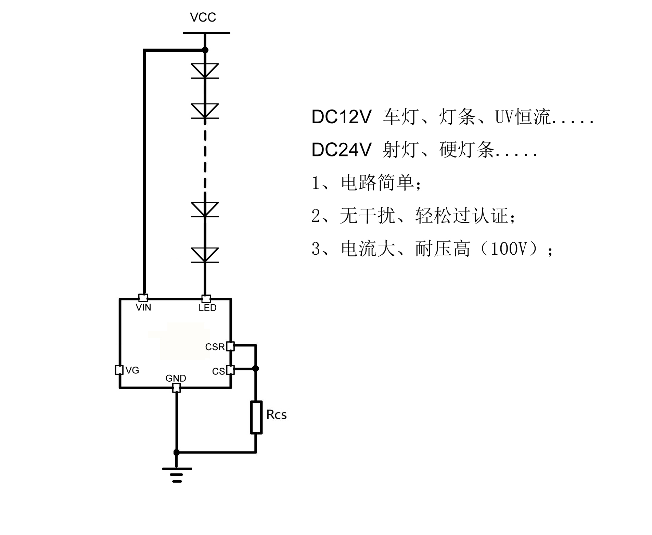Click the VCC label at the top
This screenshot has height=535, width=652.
point(203,17)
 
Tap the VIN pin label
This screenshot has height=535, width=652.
point(143,307)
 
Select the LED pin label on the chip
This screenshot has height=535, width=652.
point(207,308)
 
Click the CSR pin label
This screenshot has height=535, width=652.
point(215,347)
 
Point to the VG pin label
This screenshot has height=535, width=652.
point(132,370)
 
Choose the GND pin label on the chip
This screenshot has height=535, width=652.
point(176,378)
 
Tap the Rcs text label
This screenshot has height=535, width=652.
point(277,415)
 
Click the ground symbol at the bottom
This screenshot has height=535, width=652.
point(177,474)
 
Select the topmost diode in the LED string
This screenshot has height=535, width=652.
point(205,71)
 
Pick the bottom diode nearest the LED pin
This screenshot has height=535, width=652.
point(205,255)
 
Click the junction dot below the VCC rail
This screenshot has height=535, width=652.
point(205,50)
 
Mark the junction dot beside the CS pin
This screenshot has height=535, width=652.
point(255,369)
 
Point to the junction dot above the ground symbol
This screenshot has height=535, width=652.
point(177,453)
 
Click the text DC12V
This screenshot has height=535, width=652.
point(341,117)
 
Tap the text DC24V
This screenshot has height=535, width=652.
point(341,150)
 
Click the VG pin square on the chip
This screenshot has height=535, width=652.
point(119,370)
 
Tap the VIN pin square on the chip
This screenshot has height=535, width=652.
point(143,298)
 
